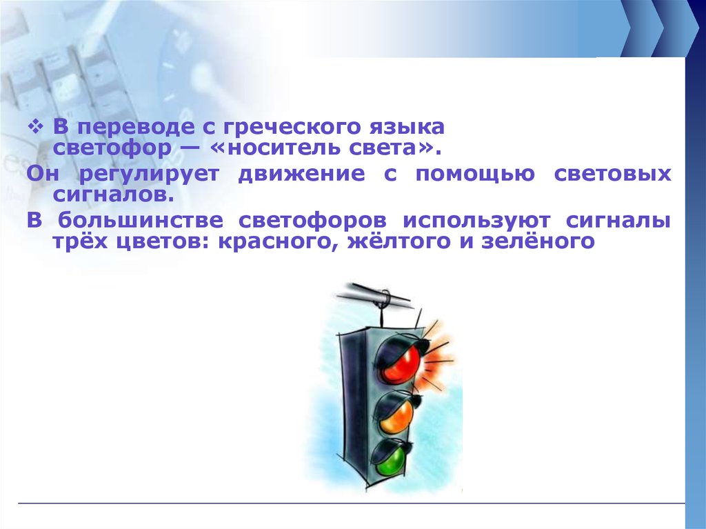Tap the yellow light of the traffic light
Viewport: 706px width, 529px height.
pyautogui.click(x=396, y=414)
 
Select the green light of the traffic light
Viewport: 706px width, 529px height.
pyautogui.click(x=390, y=457)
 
